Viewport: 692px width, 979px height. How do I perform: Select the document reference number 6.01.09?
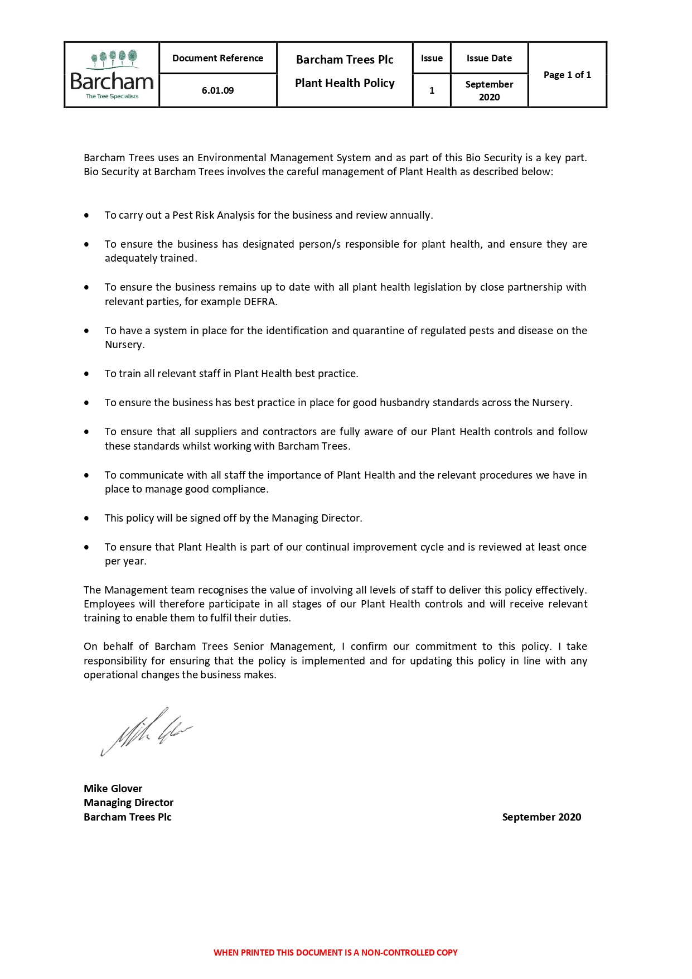217,90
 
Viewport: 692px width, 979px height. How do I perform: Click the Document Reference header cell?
217,58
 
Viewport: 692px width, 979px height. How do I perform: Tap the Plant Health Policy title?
345,83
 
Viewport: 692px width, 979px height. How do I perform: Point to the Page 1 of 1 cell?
567,75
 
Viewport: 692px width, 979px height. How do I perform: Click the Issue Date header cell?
489,58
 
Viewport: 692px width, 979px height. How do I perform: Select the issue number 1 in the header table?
432,90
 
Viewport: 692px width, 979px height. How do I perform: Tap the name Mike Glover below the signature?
113,788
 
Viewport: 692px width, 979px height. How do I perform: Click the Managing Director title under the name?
128,802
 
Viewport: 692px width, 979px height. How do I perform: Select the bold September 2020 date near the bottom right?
541,817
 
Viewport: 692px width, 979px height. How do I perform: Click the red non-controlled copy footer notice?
335,952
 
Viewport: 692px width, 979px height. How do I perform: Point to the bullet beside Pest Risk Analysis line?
86,215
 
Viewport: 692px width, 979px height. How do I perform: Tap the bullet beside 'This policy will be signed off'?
86,518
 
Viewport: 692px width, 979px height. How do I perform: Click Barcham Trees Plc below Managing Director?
127,817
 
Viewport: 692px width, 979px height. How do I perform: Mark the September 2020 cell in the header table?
489,90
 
